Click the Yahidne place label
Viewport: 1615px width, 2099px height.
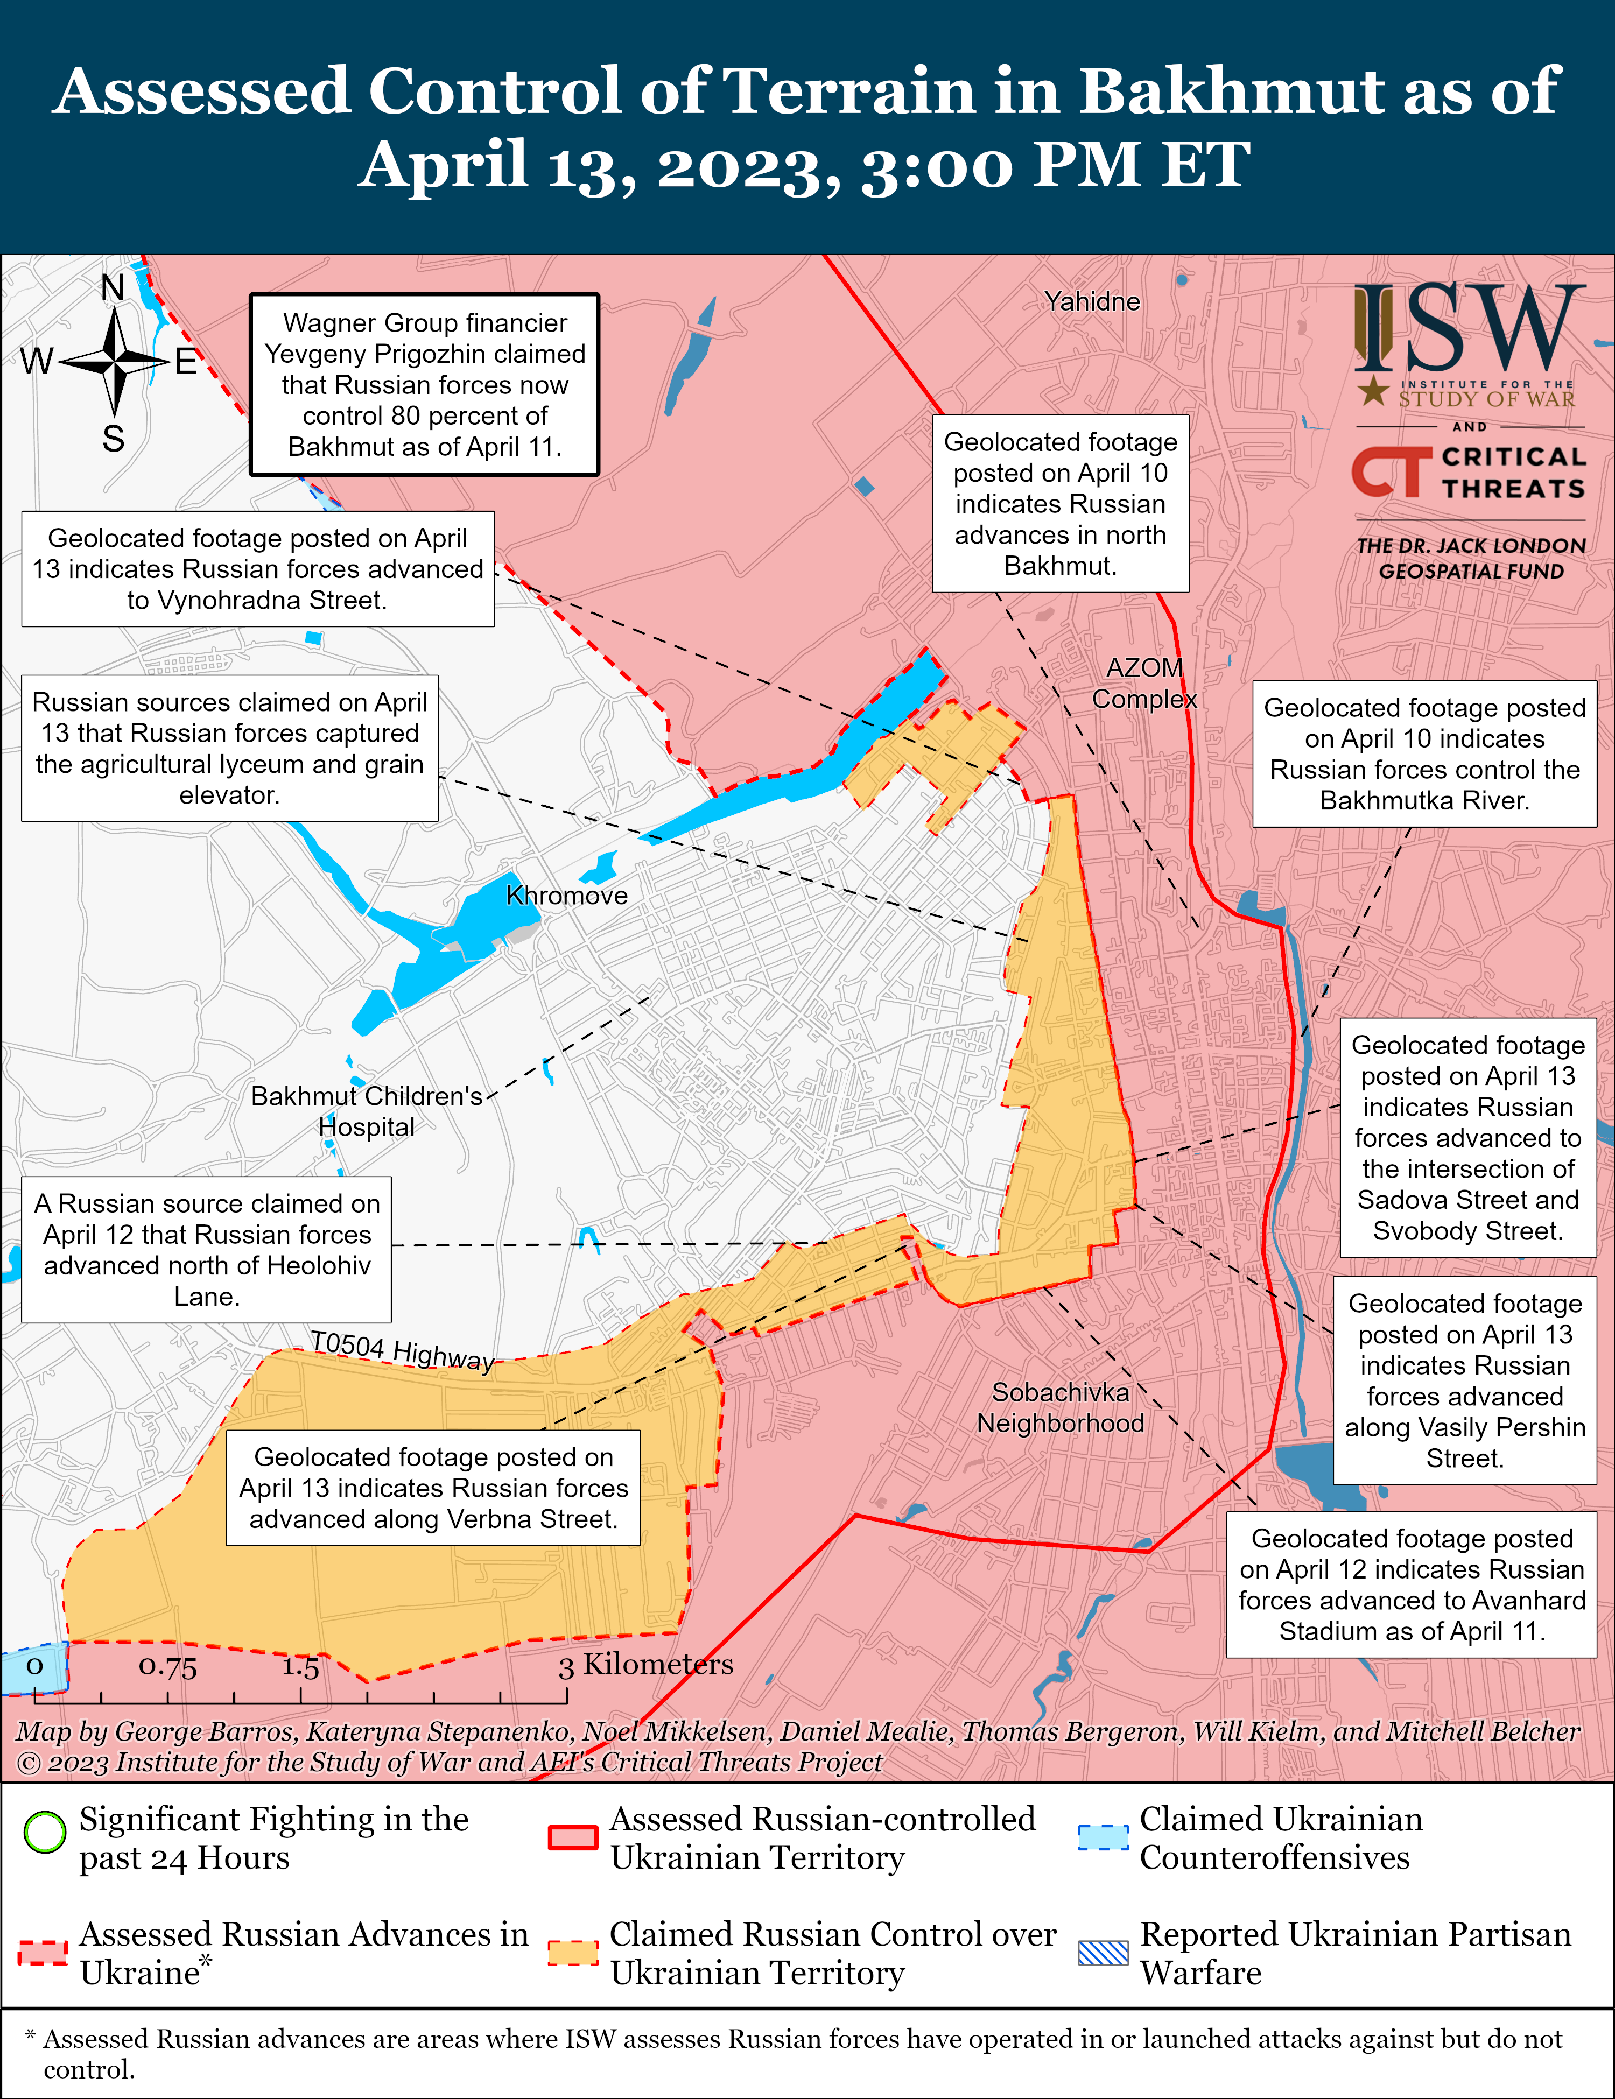tap(1092, 302)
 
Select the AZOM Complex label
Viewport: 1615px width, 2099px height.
tap(1144, 684)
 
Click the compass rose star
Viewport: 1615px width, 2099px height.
tap(114, 362)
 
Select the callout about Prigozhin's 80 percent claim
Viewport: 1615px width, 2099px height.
tap(424, 384)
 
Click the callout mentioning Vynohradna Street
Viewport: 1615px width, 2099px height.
tap(258, 569)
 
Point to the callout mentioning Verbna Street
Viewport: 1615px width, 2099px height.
tap(433, 1488)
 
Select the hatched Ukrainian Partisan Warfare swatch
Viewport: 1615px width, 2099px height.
tap(1103, 1952)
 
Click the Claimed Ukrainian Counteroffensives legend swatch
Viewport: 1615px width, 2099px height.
tap(1103, 1836)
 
